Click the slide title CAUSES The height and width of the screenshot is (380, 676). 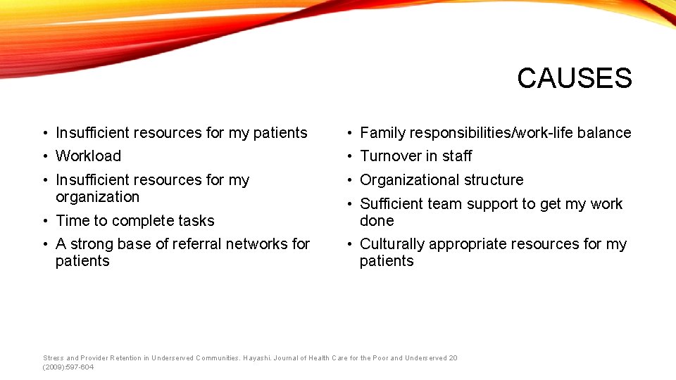(x=574, y=78)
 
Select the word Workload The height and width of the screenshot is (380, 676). (x=88, y=156)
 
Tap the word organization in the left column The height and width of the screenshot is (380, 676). (x=97, y=197)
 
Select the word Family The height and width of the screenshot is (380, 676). (x=382, y=133)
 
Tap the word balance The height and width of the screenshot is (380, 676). (x=604, y=133)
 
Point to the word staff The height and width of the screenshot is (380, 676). (x=457, y=156)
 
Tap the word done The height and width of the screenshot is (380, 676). (x=377, y=221)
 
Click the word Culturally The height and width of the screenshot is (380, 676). (x=392, y=244)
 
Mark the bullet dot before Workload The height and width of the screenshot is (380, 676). (x=44, y=157)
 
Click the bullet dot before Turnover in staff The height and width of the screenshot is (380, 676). (x=349, y=157)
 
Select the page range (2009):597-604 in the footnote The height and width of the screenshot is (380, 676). (x=68, y=367)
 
